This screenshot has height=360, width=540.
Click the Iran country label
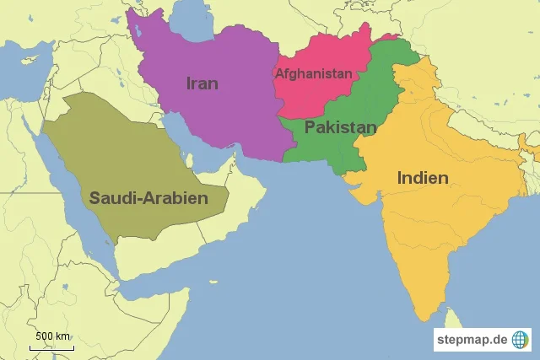click(x=202, y=83)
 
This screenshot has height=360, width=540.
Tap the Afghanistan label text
click(x=314, y=73)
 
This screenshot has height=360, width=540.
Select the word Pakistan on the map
click(x=340, y=127)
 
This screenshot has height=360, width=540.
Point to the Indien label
click(x=422, y=178)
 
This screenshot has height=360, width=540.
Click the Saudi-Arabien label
click(x=148, y=198)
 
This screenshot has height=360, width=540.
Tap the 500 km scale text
click(x=53, y=336)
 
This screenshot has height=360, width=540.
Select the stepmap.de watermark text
click(x=472, y=340)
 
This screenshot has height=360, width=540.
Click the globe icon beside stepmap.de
click(x=521, y=340)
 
